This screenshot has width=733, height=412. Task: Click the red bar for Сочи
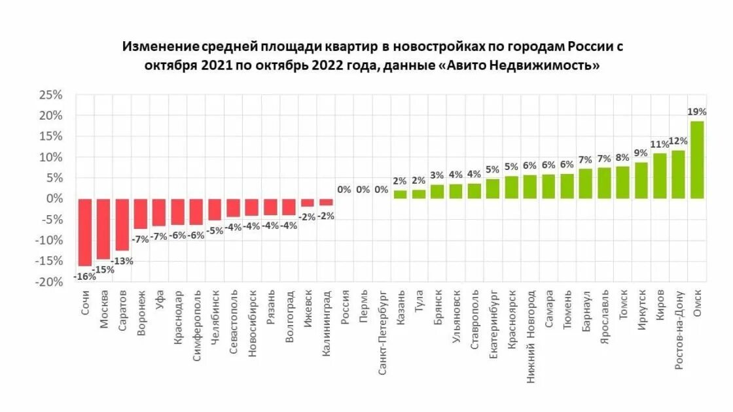(84, 232)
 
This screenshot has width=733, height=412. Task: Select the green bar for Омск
(697, 160)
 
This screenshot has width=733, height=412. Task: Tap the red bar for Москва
(103, 229)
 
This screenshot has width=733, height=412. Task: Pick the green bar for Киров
(660, 176)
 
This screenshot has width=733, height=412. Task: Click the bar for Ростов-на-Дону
(679, 175)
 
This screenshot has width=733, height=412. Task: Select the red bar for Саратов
(122, 224)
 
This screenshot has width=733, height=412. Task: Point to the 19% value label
(697, 112)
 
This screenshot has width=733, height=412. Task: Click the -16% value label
(84, 276)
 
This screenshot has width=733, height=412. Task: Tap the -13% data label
(122, 260)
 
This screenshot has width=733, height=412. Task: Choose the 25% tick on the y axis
(50, 95)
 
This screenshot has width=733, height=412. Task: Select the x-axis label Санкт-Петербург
(382, 324)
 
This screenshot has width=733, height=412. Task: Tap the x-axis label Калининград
(326, 319)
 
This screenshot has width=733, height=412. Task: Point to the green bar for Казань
(400, 194)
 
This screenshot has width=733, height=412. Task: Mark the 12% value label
(679, 141)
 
